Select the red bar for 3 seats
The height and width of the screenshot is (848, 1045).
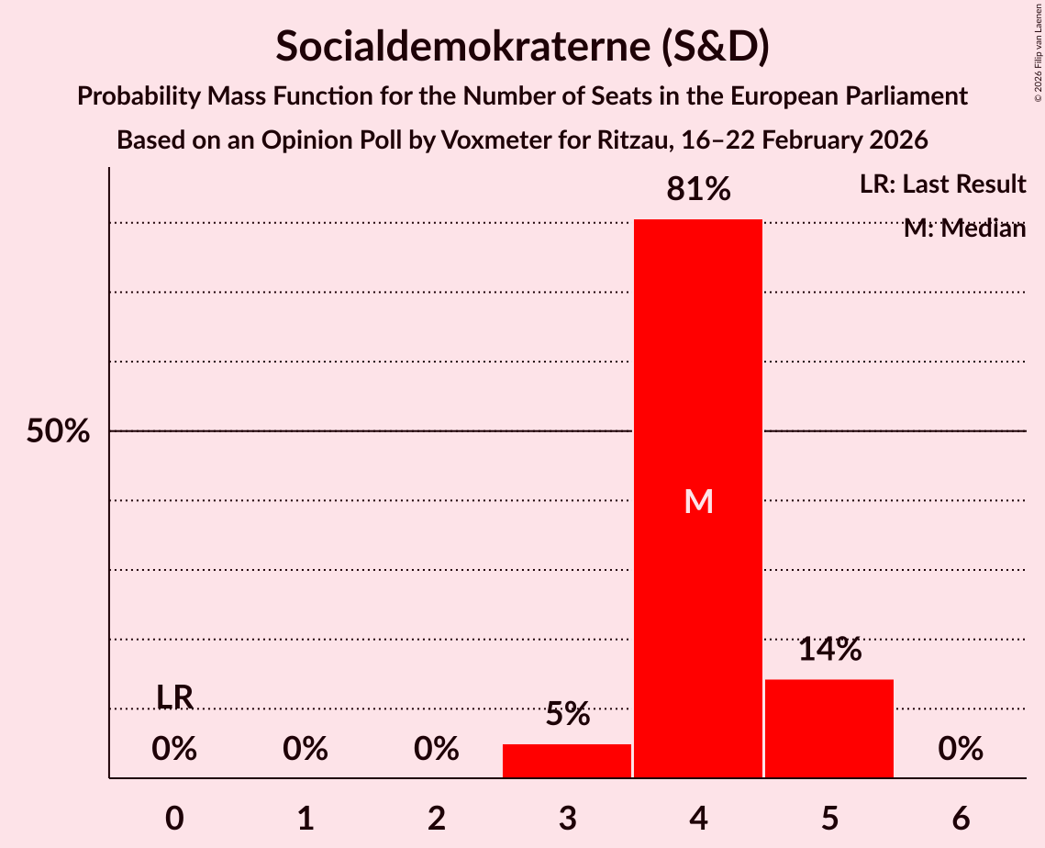[x=567, y=761]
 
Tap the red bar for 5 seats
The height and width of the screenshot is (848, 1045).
[x=829, y=729]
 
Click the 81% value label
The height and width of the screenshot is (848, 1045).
[x=698, y=190]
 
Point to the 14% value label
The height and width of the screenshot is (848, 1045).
[x=829, y=650]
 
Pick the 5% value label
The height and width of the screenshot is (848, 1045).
[x=567, y=714]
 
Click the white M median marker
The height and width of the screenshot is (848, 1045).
[x=698, y=501]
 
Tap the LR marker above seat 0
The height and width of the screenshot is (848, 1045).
[x=174, y=697]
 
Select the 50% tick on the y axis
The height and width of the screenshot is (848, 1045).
[x=57, y=431]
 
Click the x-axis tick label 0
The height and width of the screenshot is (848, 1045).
[x=174, y=818]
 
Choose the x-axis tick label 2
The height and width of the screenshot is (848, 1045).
[x=437, y=818]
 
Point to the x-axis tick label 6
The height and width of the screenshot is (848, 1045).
[x=961, y=818]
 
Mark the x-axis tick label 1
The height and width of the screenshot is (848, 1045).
[x=306, y=818]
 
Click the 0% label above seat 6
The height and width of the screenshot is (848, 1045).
[x=961, y=750]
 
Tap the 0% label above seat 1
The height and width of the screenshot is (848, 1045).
[x=306, y=750]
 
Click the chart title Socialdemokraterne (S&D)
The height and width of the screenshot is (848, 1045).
[x=522, y=47]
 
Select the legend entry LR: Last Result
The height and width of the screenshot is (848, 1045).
[x=942, y=184]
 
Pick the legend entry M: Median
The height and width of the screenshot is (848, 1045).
[x=964, y=229]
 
